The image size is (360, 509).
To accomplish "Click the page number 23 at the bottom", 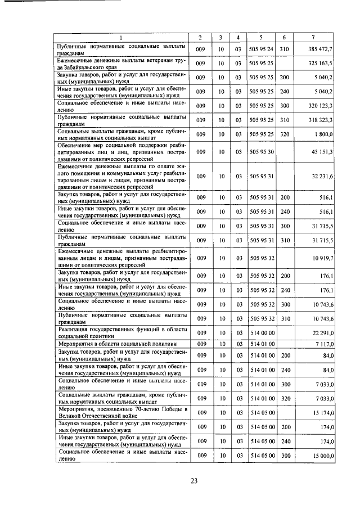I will [193, 480].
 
